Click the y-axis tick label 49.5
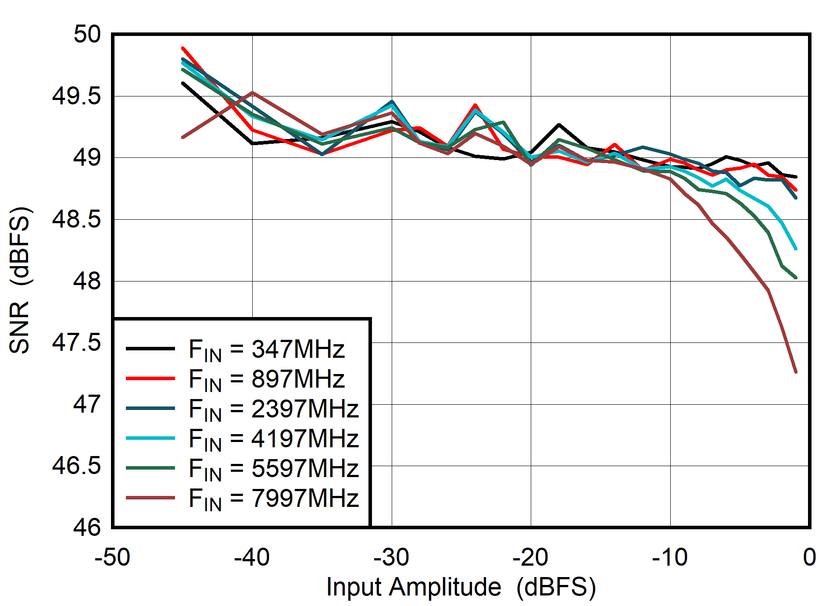coord(76,96)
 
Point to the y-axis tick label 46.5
coord(76,466)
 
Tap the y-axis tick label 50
coord(87,34)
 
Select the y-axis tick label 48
coord(87,281)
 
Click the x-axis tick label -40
coord(252,558)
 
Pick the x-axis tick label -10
coord(669,558)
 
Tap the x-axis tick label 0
coord(809,558)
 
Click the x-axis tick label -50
coord(112,558)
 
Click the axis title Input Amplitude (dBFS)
coord(461,587)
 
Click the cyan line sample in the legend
coord(150,438)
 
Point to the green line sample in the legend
coord(150,468)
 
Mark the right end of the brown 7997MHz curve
coord(796,372)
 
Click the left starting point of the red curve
coord(182,48)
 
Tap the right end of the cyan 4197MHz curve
coord(796,249)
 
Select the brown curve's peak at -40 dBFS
coord(252,93)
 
